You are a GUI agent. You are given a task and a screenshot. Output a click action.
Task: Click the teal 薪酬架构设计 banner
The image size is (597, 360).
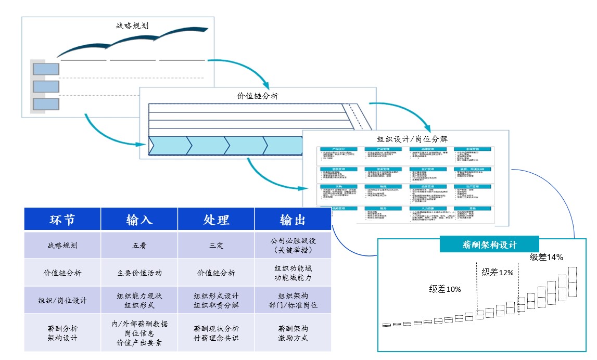(x=489, y=245)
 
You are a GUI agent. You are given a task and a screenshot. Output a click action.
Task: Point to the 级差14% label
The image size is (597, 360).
(x=546, y=257)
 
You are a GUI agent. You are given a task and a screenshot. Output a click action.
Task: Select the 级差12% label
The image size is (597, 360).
(x=498, y=272)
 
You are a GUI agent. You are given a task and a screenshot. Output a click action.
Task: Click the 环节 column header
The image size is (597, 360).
(x=62, y=220)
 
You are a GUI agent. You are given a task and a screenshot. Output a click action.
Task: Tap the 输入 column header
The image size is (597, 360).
(x=139, y=220)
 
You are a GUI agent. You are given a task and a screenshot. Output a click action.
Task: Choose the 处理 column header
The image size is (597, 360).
(x=216, y=220)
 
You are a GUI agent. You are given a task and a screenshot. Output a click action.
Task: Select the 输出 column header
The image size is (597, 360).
(x=293, y=220)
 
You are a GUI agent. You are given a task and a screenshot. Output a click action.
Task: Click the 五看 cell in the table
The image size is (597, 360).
(x=139, y=245)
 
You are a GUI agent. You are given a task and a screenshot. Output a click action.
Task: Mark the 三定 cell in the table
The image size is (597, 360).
(x=216, y=245)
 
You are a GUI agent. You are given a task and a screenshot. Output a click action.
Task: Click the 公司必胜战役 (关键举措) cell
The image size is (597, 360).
(x=293, y=245)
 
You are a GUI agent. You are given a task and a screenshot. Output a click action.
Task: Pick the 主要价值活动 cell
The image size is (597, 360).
(x=139, y=273)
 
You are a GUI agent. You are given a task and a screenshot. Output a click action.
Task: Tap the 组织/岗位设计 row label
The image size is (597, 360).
(x=62, y=300)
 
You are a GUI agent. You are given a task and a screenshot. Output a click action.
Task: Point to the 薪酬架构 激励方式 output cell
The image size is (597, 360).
(x=293, y=333)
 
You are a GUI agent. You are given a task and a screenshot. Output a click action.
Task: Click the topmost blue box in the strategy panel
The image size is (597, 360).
(x=46, y=69)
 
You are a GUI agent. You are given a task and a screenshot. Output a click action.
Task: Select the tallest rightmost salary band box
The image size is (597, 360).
(x=573, y=281)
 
